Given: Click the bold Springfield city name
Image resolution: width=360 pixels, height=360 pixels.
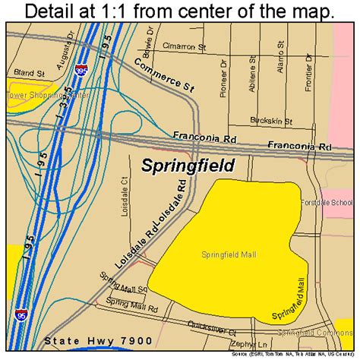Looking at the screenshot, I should (x=188, y=166).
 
